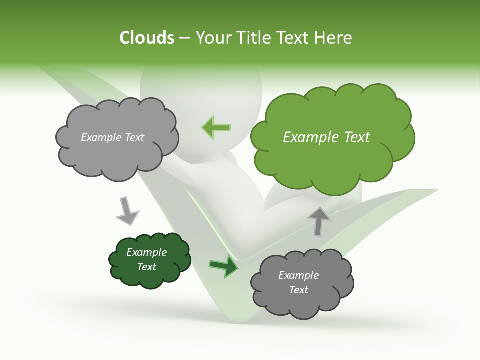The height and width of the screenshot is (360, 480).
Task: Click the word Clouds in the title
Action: [147, 38]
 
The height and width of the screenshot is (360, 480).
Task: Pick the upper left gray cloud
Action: [117, 155]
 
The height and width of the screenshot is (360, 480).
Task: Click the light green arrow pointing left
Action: [216, 127]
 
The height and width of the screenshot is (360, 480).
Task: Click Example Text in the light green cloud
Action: [326, 137]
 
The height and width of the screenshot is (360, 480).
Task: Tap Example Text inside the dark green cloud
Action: [146, 259]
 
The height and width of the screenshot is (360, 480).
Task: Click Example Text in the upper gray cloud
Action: [112, 137]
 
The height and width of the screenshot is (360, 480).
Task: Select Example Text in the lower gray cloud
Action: [298, 282]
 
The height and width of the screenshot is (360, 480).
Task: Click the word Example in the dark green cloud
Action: [146, 252]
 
